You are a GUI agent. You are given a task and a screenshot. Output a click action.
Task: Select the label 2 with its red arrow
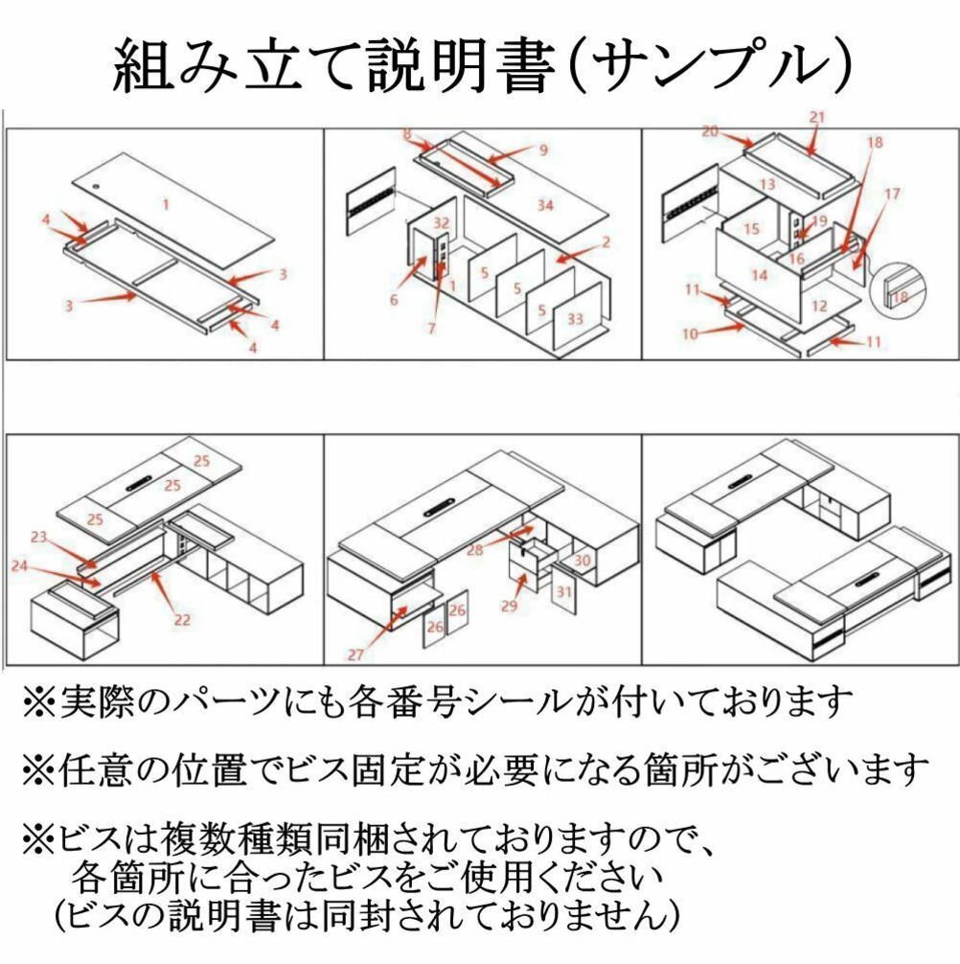(605, 243)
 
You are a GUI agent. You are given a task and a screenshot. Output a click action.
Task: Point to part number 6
(394, 300)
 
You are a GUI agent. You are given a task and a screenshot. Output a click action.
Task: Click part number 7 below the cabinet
(432, 328)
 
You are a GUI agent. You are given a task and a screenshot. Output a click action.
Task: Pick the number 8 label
(407, 134)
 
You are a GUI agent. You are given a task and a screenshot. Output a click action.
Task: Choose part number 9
(542, 149)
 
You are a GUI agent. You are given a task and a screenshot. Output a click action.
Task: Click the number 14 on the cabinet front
(759, 275)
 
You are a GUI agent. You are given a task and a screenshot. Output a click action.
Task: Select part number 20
(709, 131)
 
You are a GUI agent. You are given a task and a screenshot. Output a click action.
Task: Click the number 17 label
(892, 195)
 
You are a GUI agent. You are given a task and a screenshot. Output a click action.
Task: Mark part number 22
(181, 619)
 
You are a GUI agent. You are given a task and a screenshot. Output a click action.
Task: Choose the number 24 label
(19, 565)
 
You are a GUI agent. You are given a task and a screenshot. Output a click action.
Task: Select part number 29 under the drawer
(508, 607)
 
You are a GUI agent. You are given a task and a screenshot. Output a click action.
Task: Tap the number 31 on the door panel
(563, 592)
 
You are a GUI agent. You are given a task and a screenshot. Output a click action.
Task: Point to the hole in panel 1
(99, 181)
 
